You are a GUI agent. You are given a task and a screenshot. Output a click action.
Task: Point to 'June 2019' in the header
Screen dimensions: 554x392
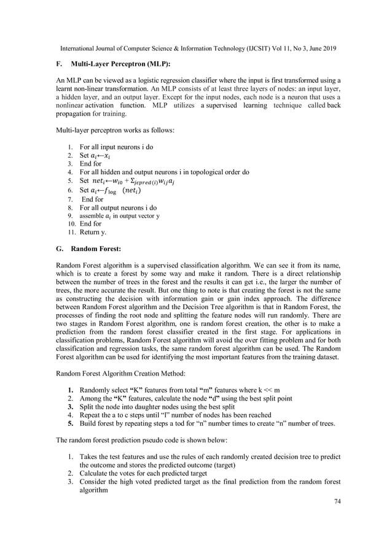coord(322,47)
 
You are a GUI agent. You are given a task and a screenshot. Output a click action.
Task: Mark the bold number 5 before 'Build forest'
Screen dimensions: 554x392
coord(71,423)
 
